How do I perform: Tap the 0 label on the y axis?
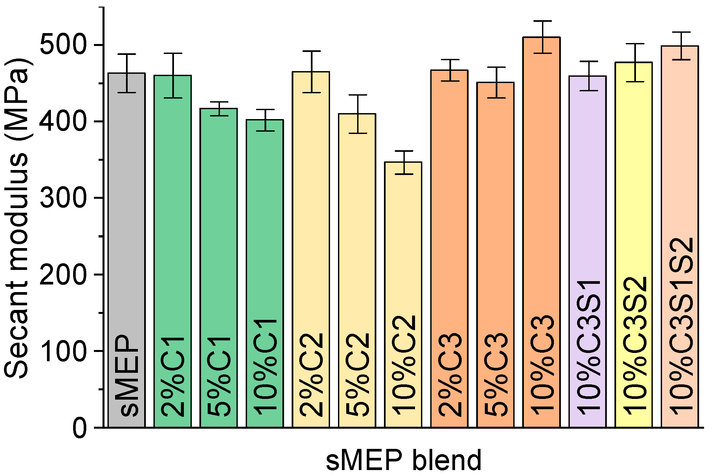point(80,428)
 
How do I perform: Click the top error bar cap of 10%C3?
point(541,21)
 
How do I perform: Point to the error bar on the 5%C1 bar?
point(219,108)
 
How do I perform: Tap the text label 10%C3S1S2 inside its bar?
point(680,326)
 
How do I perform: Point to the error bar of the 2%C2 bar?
point(311,72)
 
